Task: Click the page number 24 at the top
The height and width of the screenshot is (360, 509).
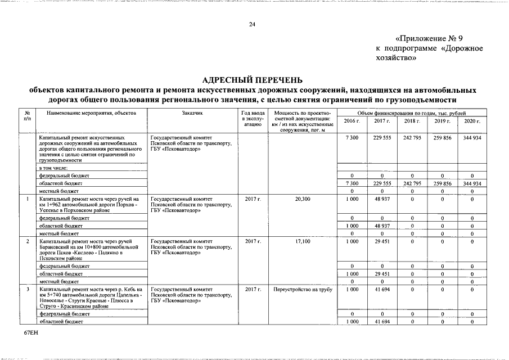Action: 252,25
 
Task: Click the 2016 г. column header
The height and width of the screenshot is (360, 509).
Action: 351,121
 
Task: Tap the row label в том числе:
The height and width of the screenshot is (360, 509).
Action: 53,168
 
